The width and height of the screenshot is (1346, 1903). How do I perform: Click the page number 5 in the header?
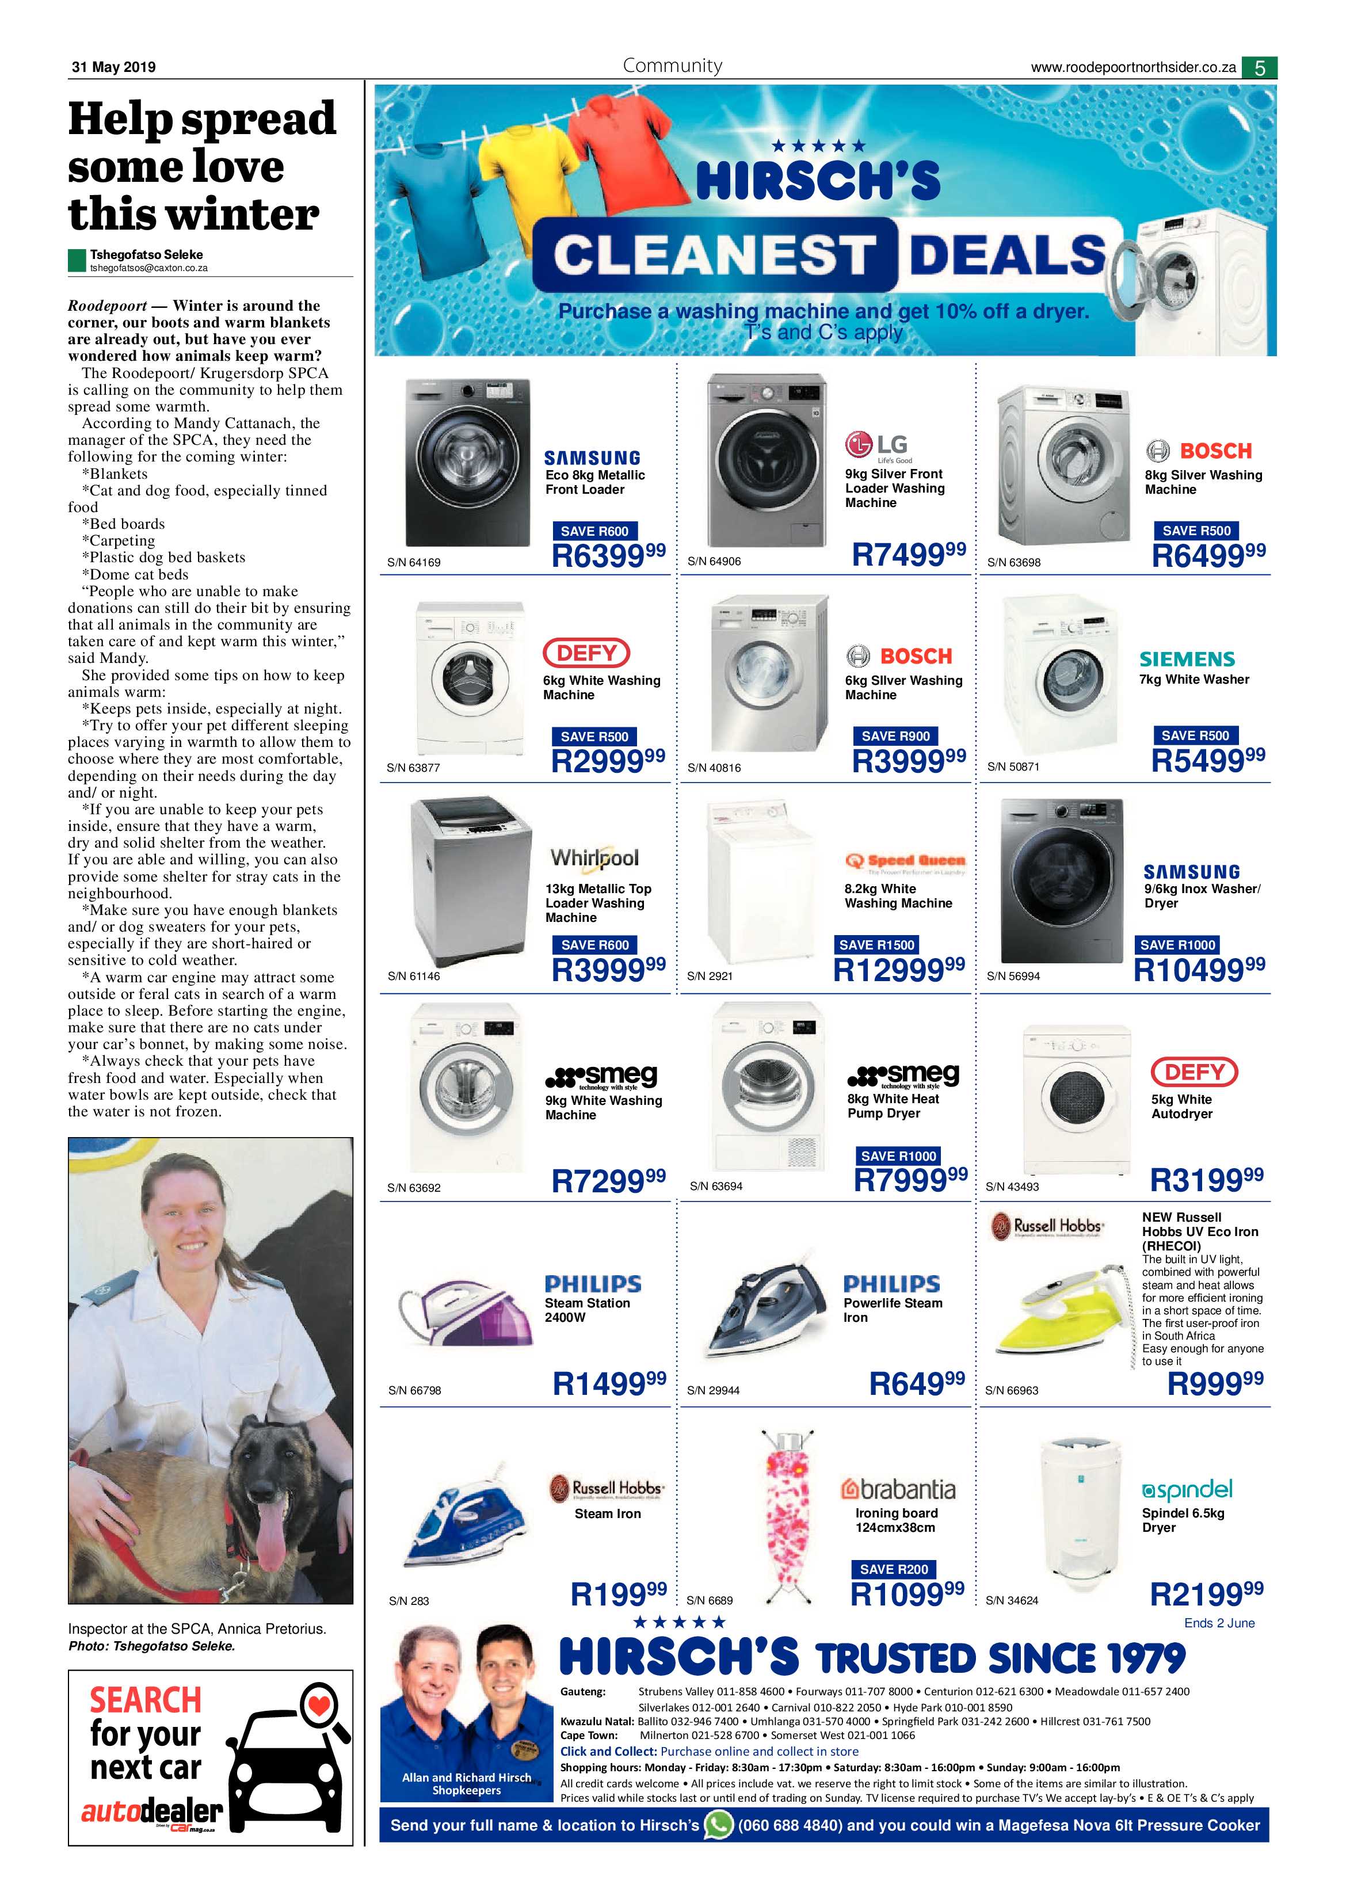tap(1260, 68)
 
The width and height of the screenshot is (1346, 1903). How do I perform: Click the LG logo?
tap(876, 446)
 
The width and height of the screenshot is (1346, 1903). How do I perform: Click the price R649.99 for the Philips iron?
tap(917, 1382)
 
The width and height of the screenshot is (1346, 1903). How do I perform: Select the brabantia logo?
tap(898, 1489)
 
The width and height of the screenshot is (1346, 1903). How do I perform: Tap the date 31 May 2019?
tap(113, 67)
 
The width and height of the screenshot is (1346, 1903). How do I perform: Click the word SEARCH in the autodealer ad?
tap(146, 1700)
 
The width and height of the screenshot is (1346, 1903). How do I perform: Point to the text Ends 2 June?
tap(1219, 1623)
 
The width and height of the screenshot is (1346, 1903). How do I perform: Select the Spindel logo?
tap(1187, 1489)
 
